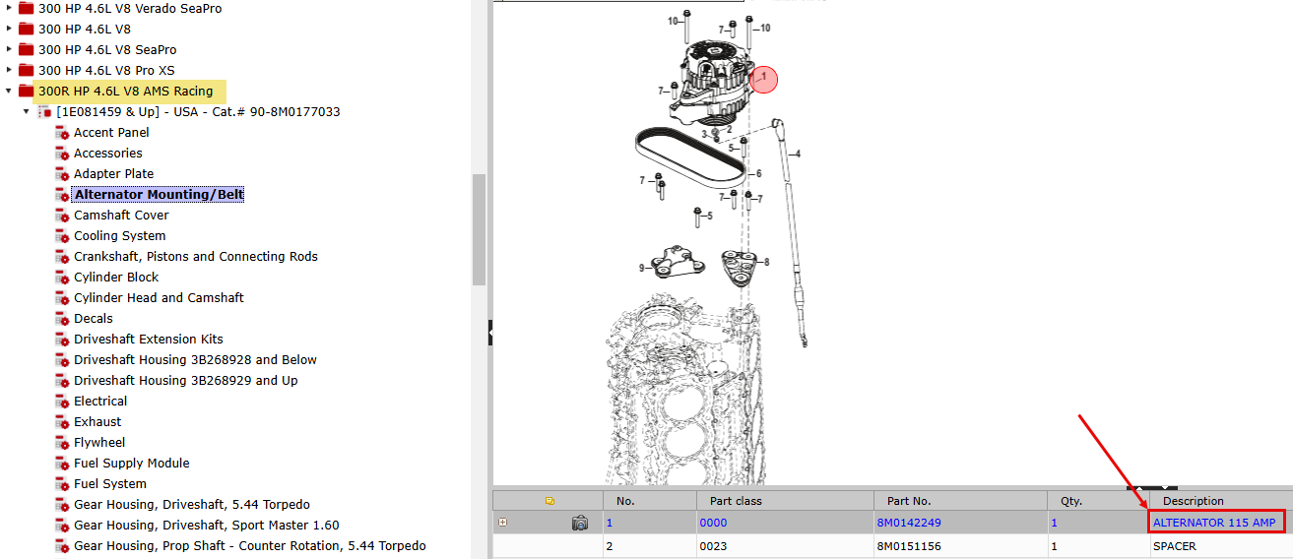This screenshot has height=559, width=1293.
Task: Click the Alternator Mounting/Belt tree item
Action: coord(159,195)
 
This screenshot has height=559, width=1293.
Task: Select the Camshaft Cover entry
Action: coord(121,216)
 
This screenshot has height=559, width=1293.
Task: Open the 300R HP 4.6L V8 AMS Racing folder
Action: coord(125,92)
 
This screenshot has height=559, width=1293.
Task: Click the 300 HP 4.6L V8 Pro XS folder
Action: coord(106,71)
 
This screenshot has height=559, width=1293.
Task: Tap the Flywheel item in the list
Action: coord(99,443)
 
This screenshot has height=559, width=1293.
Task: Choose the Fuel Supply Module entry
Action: coord(132,464)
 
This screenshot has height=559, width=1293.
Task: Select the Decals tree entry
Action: coord(94,319)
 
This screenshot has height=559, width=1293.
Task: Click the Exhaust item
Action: coord(97,421)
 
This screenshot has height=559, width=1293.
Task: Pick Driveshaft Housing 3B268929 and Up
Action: coord(186,381)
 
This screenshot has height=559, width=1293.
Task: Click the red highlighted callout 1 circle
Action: coord(763,79)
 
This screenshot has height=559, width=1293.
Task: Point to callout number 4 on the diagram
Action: coord(798,155)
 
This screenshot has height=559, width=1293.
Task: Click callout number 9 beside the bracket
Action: coord(641,268)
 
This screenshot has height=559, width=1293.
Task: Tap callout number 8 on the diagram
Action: coord(766,262)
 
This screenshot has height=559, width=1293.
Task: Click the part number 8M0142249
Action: coord(909,523)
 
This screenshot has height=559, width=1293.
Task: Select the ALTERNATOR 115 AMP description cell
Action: coord(1214,523)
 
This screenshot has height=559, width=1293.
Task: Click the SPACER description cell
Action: coord(1175,546)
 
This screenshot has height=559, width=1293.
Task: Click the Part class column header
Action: coord(736,501)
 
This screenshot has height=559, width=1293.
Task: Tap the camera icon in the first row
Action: coord(580,523)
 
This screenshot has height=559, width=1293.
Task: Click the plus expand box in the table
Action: coord(503,522)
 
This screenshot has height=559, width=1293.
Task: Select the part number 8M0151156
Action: coord(909,546)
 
